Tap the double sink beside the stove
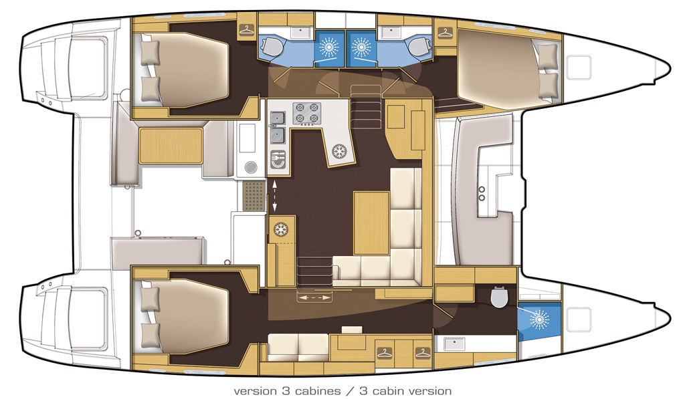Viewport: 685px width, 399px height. [278, 128]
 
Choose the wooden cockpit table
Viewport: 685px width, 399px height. [171, 146]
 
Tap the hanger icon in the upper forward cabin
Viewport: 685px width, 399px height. [444, 31]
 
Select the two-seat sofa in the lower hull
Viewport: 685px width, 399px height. [299, 346]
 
